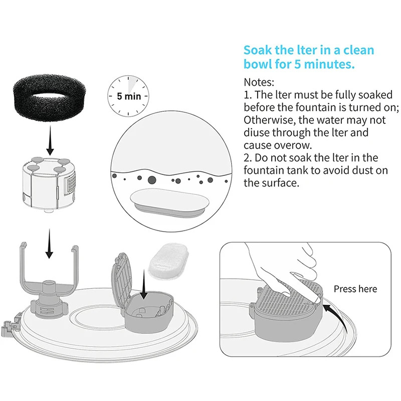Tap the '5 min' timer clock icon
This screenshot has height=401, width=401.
pos(128,96)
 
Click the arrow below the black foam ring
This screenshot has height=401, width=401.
pos(50,140)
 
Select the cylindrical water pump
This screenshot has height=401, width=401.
pos(49,184)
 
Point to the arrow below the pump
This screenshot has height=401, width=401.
pos(49,244)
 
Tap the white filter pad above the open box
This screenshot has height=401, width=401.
pos(168,261)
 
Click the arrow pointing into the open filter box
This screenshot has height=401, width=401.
pos(144,285)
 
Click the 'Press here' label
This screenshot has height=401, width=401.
pos(355,289)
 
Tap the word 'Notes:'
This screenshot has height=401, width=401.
pos(259,82)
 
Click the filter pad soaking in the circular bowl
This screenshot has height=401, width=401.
pos(169,203)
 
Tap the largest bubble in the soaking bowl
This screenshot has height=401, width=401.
pos(152,180)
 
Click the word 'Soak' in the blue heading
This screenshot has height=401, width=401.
pos(258,50)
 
